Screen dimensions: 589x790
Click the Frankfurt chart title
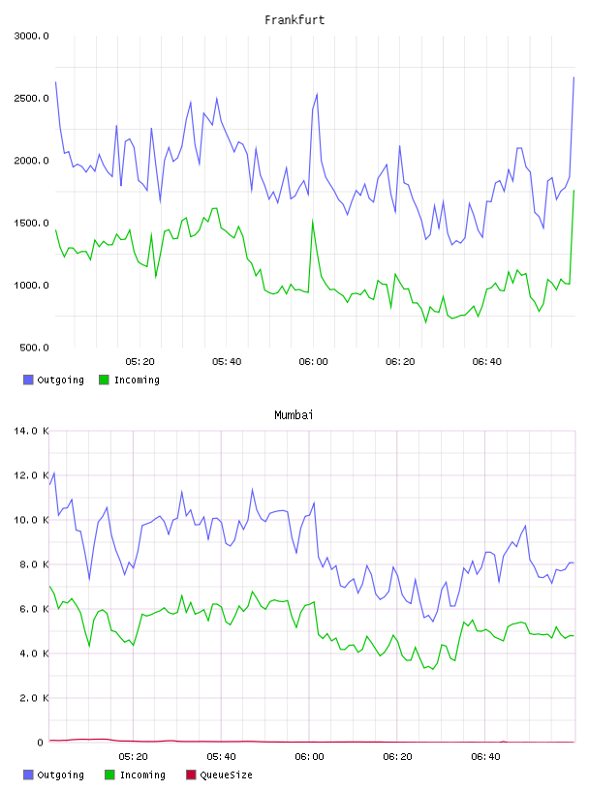[x=294, y=19]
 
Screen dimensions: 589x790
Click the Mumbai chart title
[x=294, y=414]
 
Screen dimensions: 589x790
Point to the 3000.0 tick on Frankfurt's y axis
[x=31, y=36]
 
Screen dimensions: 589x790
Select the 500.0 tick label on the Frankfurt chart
[x=34, y=348]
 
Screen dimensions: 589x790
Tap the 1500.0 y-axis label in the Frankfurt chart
[x=31, y=223]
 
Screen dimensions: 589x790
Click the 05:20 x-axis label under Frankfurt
[x=139, y=361]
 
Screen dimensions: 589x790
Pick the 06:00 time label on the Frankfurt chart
[x=313, y=361]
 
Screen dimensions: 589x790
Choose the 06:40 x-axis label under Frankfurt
[x=486, y=361]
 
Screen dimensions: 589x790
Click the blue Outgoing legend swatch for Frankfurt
[x=28, y=380]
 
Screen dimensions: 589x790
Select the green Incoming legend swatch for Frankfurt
[x=104, y=380]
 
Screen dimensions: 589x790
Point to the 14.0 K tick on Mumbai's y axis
[x=31, y=431]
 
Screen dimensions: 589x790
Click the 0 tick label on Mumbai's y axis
[x=40, y=743]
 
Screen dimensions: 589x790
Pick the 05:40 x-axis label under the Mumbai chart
[x=221, y=756]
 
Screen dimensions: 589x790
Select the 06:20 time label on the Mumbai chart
[x=397, y=756]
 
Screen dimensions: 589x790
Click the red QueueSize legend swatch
[x=191, y=775]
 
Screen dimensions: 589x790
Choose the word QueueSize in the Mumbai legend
[x=226, y=775]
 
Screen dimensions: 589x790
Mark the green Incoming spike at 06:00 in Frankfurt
[x=313, y=220]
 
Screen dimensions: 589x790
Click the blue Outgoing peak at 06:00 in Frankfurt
[x=317, y=94]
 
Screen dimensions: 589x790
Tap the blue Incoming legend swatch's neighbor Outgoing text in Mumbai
[x=60, y=775]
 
